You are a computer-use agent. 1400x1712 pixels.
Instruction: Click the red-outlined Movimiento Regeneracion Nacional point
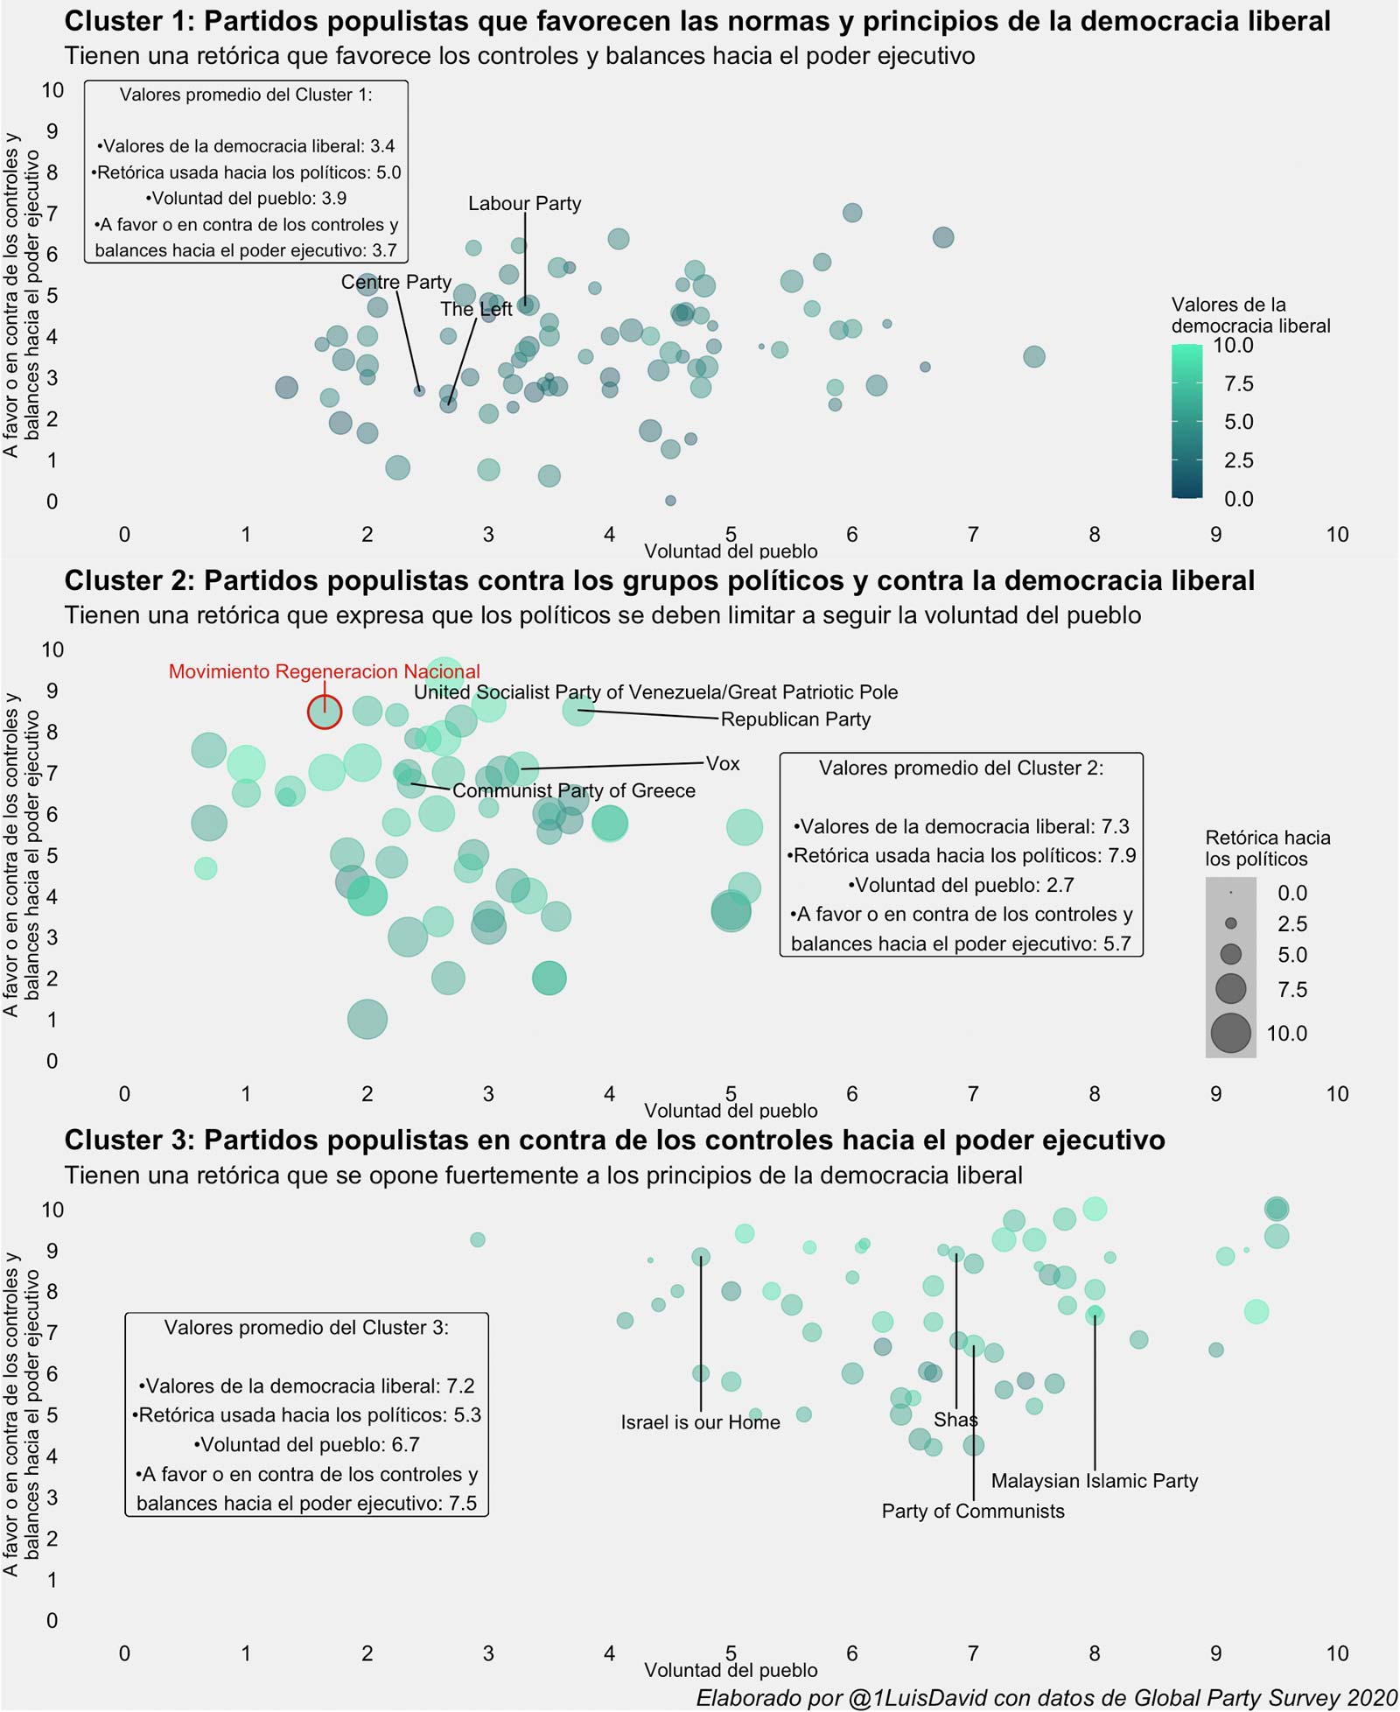click(325, 712)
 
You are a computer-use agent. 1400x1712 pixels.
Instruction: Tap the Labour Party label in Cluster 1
click(524, 204)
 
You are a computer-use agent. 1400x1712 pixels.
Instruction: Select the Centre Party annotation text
click(396, 282)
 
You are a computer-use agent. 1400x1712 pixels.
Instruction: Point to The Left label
click(476, 309)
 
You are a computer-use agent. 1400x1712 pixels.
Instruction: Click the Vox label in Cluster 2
click(723, 763)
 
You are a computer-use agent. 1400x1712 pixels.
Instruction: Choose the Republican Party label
click(795, 719)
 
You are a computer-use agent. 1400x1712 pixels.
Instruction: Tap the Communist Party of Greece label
click(573, 790)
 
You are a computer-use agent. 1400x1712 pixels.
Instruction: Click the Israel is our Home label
click(700, 1422)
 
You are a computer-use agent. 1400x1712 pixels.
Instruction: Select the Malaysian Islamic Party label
click(1094, 1481)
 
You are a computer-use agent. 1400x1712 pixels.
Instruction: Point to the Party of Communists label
click(973, 1511)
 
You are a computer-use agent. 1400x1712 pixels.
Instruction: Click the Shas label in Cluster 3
click(955, 1420)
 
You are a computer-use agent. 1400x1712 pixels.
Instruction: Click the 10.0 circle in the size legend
click(1231, 1033)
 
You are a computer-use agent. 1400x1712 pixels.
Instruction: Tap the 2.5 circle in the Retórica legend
click(1231, 923)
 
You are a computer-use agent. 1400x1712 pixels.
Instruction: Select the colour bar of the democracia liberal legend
click(1186, 421)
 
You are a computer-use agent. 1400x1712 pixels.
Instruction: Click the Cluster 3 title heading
click(614, 1140)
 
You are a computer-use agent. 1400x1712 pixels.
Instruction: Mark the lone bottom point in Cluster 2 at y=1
click(367, 1019)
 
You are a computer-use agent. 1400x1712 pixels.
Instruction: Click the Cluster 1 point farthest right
click(1034, 356)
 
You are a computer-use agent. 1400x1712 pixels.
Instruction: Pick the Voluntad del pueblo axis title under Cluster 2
click(731, 1111)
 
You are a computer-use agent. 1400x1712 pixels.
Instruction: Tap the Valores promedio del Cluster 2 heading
click(961, 768)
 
